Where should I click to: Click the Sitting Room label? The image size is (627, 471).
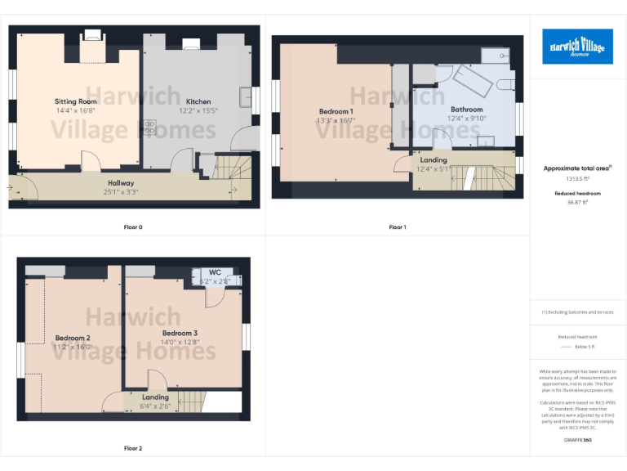[x=76, y=101]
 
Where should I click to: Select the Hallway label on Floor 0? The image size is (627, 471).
[x=121, y=182]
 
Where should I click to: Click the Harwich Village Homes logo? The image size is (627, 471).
[x=577, y=47]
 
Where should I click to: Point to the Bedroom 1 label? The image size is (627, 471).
[x=336, y=111]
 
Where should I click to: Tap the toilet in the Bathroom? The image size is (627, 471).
[x=503, y=83]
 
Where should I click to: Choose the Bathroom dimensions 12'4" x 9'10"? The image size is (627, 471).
[x=466, y=118]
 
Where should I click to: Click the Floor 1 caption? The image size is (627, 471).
[x=398, y=227]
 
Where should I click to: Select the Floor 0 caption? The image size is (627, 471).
[x=133, y=227]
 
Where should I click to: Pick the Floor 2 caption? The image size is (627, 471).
[x=133, y=448]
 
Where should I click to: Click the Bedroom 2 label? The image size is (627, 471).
[x=73, y=338]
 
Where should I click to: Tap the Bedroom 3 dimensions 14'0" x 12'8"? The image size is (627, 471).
[x=180, y=342]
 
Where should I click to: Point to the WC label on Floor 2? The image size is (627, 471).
[x=215, y=272]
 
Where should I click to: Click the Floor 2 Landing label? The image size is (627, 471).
[x=155, y=397]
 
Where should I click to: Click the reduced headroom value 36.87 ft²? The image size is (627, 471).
[x=577, y=203]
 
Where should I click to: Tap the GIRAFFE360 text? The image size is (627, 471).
[x=577, y=440]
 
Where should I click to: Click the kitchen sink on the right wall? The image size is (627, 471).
[x=244, y=97]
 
